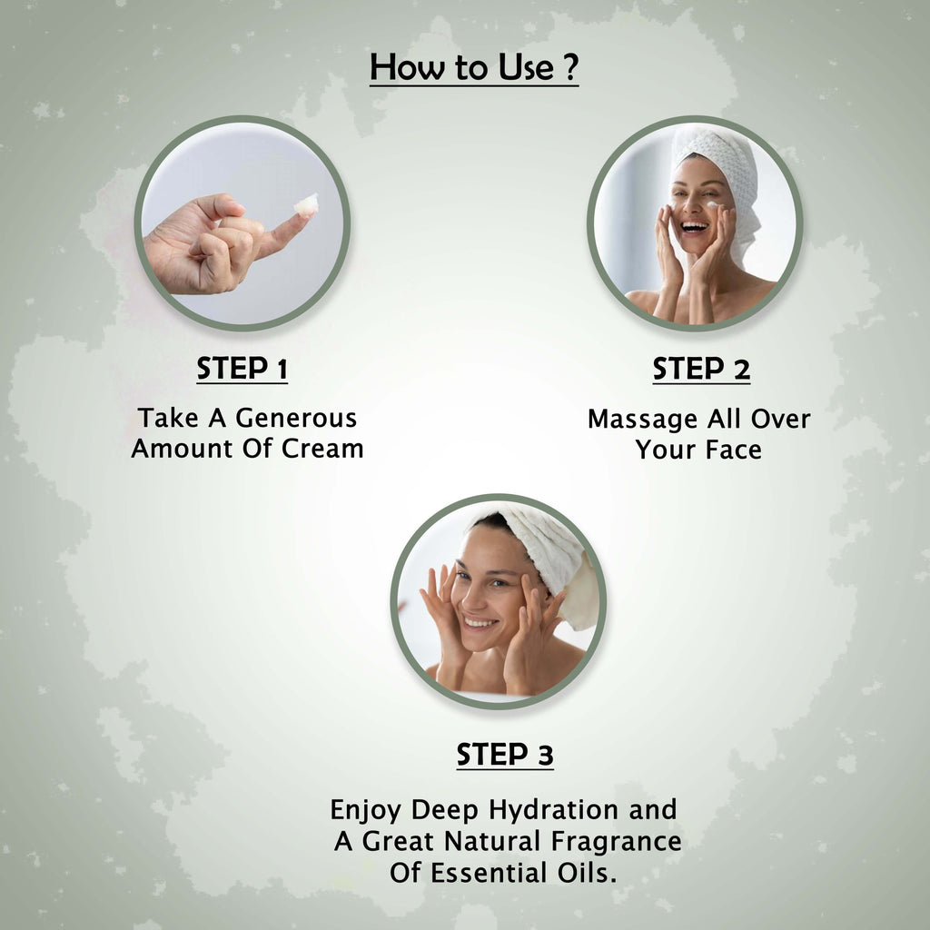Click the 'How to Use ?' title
pyautogui.click(x=473, y=67)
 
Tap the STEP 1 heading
pyautogui.click(x=242, y=369)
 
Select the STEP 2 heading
pyautogui.click(x=701, y=369)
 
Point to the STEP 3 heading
pyautogui.click(x=505, y=755)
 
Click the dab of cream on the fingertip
pyautogui.click(x=306, y=204)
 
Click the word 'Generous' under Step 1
pyautogui.click(x=296, y=418)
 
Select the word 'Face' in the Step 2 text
pyautogui.click(x=734, y=450)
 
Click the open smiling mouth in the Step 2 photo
pyautogui.click(x=695, y=226)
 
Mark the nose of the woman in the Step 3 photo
pyautogui.click(x=471, y=599)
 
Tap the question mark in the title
pyautogui.click(x=570, y=67)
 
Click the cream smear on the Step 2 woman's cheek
pyautogui.click(x=715, y=204)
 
